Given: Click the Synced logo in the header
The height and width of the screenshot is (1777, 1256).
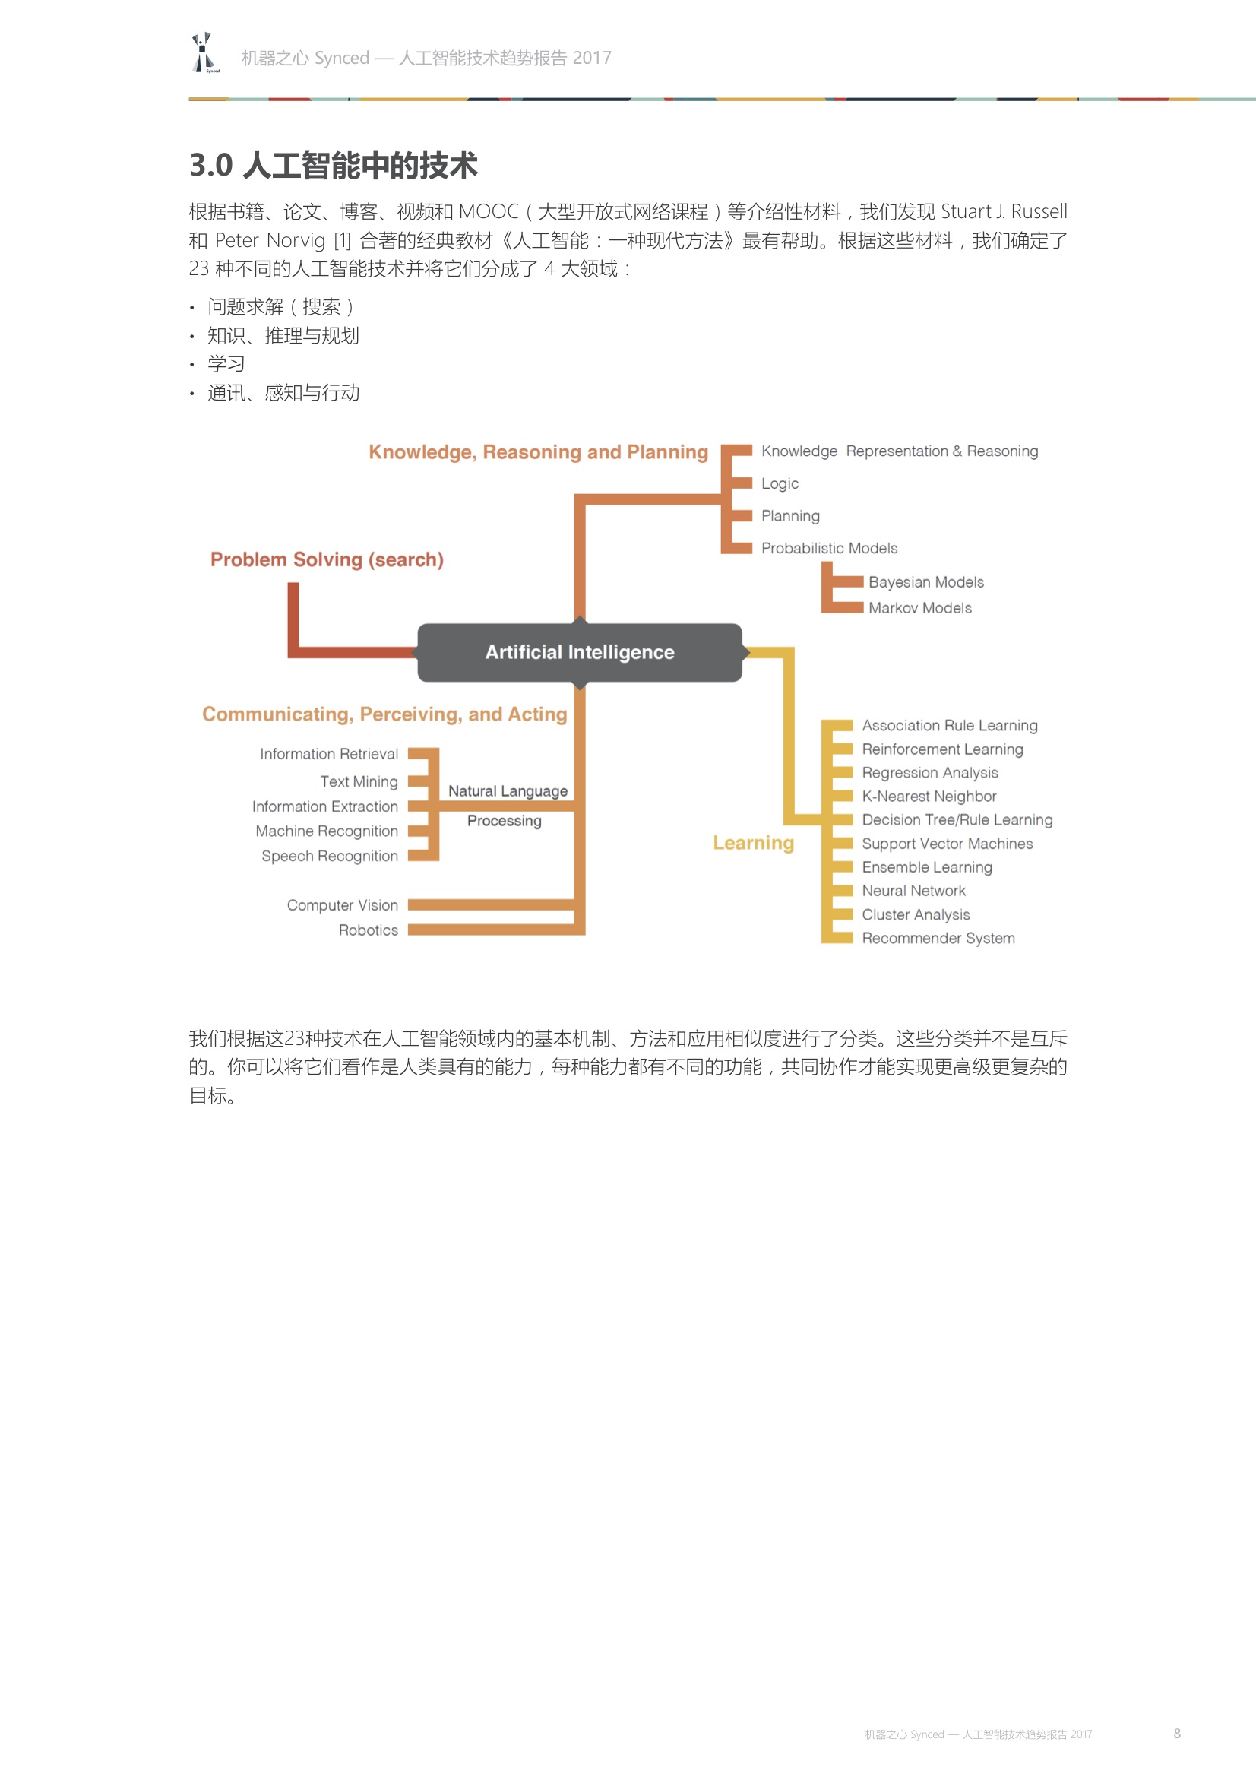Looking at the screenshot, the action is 204,53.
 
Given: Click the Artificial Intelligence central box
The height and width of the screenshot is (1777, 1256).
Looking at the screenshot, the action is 580,652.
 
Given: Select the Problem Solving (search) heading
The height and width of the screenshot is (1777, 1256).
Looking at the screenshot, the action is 327,559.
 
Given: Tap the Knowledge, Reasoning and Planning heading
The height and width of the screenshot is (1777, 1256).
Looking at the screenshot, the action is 538,452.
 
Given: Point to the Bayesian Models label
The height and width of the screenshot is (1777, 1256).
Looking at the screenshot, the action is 925,582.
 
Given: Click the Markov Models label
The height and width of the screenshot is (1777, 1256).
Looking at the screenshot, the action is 919,608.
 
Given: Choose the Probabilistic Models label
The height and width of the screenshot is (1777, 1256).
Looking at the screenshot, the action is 829,548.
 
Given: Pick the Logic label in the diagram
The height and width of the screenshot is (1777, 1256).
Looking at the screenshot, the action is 780,483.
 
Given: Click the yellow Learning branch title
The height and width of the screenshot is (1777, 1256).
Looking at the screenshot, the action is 753,843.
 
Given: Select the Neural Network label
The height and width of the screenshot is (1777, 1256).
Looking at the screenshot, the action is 913,891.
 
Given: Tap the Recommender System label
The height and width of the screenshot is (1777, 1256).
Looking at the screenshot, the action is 938,938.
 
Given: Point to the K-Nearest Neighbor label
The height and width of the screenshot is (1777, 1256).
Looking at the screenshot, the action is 929,797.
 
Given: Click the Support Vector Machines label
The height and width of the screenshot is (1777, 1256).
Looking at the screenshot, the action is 948,844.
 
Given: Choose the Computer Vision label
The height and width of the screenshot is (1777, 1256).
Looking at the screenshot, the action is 342,905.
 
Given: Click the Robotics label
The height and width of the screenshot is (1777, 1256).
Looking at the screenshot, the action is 369,930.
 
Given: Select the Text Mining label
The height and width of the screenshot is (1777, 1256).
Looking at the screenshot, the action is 359,781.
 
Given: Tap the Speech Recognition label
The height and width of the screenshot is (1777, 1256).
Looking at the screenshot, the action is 330,856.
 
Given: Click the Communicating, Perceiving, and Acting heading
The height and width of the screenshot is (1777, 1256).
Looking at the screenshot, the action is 384,714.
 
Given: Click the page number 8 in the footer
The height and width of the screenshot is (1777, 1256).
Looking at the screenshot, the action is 1176,1734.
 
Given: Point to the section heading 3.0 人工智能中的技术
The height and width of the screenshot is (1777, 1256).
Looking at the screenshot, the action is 334,166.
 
